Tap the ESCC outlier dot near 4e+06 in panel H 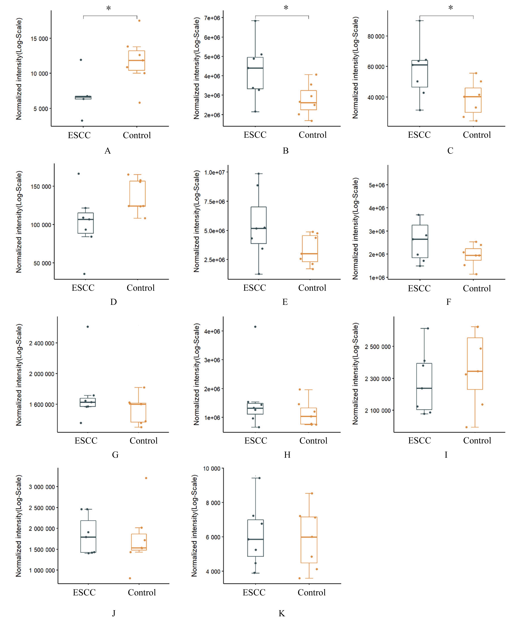pyautogui.click(x=255, y=327)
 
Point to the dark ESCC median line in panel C pyautogui.click(x=420, y=65)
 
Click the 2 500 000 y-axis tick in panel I pyautogui.click(x=378, y=347)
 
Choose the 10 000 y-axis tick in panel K pyautogui.click(x=212, y=468)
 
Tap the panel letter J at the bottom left pyautogui.click(x=114, y=613)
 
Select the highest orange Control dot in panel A pyautogui.click(x=139, y=21)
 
